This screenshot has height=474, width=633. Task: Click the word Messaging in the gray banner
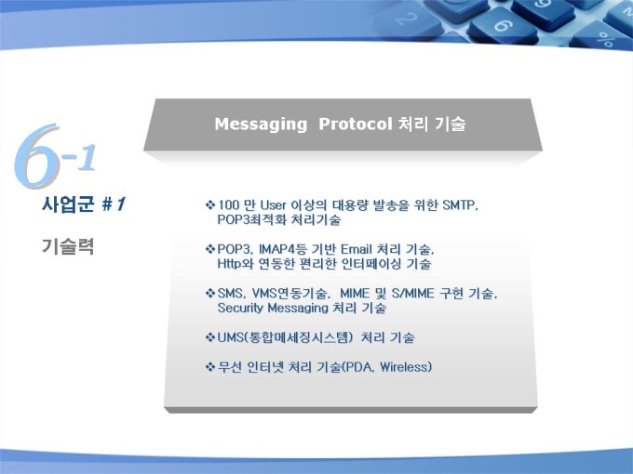[261, 125]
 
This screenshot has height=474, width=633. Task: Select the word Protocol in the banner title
[356, 124]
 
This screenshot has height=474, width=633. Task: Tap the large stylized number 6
[37, 156]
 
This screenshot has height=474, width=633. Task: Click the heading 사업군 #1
[84, 204]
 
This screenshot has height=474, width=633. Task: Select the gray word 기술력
[67, 246]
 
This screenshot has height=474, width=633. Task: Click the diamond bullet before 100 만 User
[210, 205]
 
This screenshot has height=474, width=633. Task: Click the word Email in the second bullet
[356, 249]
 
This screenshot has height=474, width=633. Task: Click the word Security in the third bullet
[240, 309]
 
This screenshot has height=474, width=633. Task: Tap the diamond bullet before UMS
[210, 337]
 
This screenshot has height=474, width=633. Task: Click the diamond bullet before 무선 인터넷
[210, 367]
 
